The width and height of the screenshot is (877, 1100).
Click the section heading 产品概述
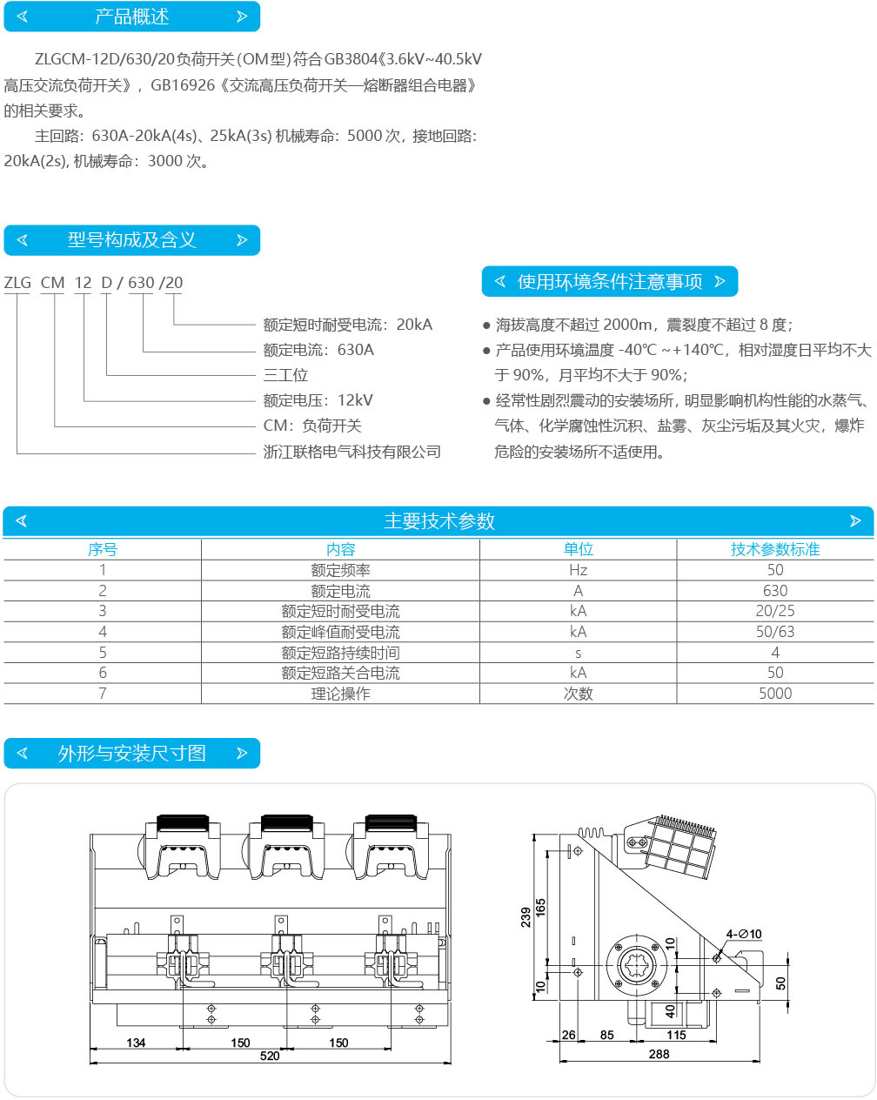tap(132, 17)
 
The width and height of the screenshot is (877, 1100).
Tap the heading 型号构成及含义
tap(132, 239)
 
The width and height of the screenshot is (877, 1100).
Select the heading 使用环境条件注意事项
tap(610, 282)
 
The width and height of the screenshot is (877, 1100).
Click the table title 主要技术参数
tap(439, 521)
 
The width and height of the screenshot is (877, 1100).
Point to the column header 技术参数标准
tap(775, 549)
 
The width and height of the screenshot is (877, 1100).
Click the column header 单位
tap(578, 549)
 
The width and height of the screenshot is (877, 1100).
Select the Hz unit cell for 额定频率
tap(578, 570)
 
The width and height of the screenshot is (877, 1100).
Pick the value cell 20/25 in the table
tap(775, 611)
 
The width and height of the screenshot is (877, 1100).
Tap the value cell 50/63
tap(775, 632)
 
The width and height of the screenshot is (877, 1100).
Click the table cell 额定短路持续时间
tap(340, 653)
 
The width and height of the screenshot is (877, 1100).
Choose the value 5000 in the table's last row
tap(775, 694)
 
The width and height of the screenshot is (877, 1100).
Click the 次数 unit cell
tap(578, 694)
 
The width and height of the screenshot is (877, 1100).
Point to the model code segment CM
tap(53, 283)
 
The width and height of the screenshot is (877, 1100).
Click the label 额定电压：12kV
tap(318, 400)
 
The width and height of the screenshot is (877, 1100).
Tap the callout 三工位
tap(285, 375)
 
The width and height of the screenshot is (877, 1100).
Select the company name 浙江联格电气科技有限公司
tap(351, 452)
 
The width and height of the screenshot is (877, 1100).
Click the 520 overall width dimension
tap(270, 1056)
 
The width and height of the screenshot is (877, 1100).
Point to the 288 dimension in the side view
tap(659, 1054)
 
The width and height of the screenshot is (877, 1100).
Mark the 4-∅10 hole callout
tap(744, 934)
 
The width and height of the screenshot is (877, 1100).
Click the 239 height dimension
tap(526, 917)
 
